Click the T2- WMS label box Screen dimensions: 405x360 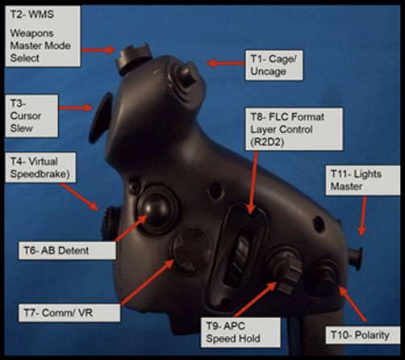tap(43, 36)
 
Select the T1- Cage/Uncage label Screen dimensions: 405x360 tap(274, 65)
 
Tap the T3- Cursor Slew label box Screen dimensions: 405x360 tap(31, 115)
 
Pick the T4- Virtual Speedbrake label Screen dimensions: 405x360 tap(40, 168)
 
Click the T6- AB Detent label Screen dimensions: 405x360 tap(67, 250)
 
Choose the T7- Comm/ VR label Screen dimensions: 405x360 tap(69, 313)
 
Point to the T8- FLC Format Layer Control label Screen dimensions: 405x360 tap(294, 129)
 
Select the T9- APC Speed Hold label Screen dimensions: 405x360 tap(240, 333)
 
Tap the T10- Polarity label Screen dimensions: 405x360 tap(362, 335)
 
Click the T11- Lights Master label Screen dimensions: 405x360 tap(362, 180)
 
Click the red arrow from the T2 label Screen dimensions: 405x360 tap(98, 50)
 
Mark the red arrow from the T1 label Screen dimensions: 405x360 tap(225, 64)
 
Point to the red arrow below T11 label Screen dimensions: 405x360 tap(363, 216)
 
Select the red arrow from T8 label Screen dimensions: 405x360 tap(253, 182)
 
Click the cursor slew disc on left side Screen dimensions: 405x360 tap(100, 118)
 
